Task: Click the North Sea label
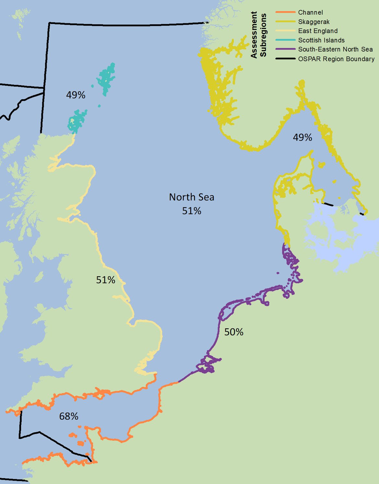pos(191,197)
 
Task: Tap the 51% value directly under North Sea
pos(191,211)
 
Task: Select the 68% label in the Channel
pos(69,416)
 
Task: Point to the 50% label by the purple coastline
pos(234,332)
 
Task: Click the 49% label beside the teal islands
pos(75,95)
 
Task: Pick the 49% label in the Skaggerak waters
pos(302,137)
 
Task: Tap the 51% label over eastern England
pos(106,280)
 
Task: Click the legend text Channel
pos(310,12)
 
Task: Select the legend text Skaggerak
pos(314,22)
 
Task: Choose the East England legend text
pos(318,31)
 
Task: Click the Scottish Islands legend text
pos(321,40)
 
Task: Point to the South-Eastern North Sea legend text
pos(335,49)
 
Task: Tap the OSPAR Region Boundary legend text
pos(336,59)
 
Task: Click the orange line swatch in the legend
pos(285,12)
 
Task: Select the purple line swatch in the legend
pos(285,49)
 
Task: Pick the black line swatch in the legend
pos(285,59)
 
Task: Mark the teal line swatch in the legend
pos(285,40)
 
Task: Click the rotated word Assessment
pos(254,35)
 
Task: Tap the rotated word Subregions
pos(263,35)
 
